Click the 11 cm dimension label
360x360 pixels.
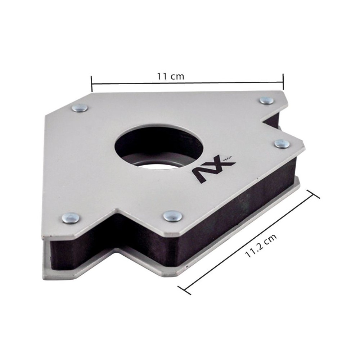point(170,76)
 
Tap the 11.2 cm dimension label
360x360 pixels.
point(261,246)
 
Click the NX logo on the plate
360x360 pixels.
point(213,170)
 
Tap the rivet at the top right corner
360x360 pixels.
point(266,100)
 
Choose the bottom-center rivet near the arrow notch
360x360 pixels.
point(173,216)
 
